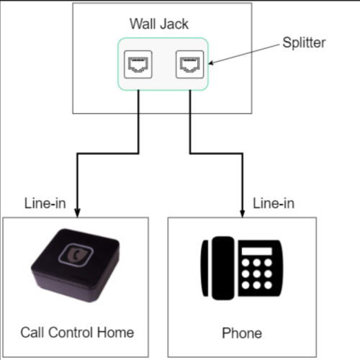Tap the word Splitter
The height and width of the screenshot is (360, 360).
point(303,43)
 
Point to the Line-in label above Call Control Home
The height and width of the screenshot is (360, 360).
point(42,204)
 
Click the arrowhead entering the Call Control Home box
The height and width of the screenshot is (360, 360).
point(76,212)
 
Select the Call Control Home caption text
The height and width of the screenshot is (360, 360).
point(76,332)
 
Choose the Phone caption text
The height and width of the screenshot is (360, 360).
point(242,333)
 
